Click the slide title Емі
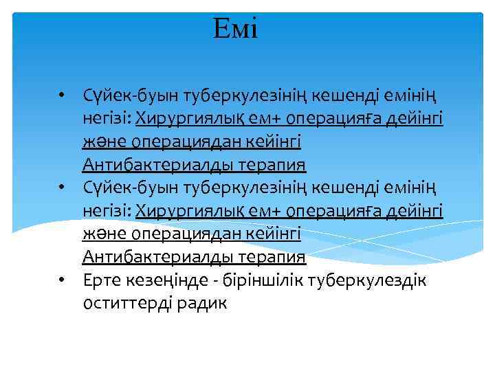(236, 29)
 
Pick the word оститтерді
(132, 303)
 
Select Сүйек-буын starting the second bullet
(121, 188)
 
